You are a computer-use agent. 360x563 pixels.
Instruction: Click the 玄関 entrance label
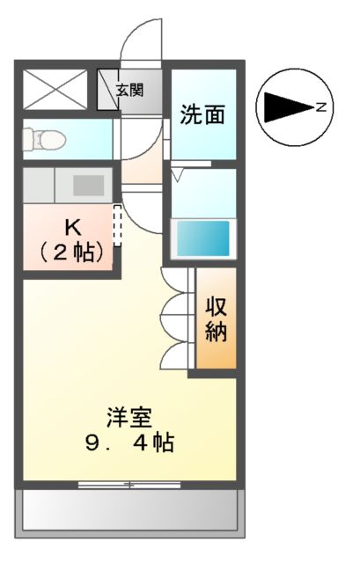[129, 89]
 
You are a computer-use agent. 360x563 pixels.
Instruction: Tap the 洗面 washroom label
[203, 114]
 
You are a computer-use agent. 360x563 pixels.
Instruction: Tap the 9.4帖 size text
[129, 442]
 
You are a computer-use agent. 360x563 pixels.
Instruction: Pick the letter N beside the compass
[322, 107]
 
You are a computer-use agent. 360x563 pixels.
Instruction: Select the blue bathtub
[202, 238]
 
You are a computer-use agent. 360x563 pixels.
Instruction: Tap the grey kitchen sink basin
[88, 186]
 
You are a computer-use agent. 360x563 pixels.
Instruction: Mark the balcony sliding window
[129, 484]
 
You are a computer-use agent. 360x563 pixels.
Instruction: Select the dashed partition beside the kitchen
[117, 226]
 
